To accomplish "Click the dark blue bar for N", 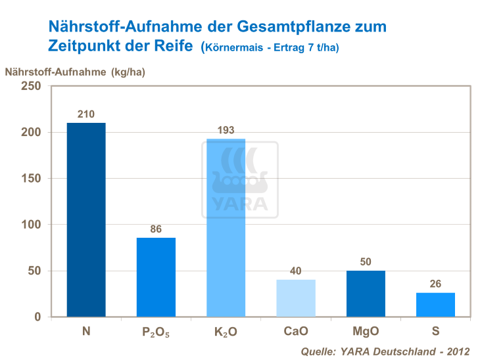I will click(86, 219).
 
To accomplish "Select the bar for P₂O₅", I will click(156, 277).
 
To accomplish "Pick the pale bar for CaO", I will click(295, 298).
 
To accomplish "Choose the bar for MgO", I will click(366, 294).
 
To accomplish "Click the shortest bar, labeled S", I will click(435, 305).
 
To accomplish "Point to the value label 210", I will click(86, 114).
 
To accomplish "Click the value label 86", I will click(156, 229).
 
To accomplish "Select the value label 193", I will click(226, 130).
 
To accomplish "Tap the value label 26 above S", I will click(435, 284).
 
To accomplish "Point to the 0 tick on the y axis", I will click(37, 317).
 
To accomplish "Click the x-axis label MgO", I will click(366, 331).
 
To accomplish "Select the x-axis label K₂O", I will click(226, 332).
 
